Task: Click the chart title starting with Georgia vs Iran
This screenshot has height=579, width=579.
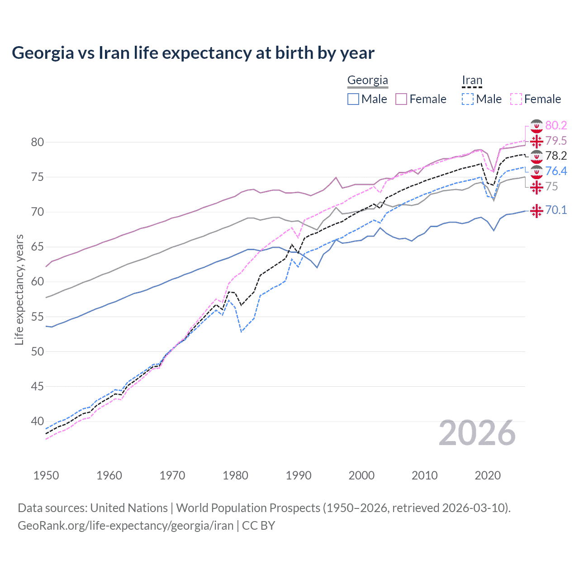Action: pos(193,53)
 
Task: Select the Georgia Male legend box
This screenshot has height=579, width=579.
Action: pos(353,99)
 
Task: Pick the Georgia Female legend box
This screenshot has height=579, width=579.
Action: pos(402,99)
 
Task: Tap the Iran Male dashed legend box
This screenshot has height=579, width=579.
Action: pos(468,99)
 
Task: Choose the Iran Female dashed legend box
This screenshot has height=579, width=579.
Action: pos(516,99)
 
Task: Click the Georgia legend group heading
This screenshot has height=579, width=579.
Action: pos(367,81)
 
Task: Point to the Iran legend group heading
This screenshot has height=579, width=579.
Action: pos(472,81)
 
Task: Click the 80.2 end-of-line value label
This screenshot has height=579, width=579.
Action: pos(556,125)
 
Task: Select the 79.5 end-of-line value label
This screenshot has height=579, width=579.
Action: pos(556,141)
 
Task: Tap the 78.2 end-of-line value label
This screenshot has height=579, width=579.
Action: pos(556,156)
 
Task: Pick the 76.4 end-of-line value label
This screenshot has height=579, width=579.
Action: pos(556,171)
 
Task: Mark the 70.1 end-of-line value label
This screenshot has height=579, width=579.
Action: pos(556,210)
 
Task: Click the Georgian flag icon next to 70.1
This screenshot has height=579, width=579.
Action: pos(536,211)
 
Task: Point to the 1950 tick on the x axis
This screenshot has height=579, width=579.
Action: pos(46,475)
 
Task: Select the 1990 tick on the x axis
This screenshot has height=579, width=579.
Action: pos(299,475)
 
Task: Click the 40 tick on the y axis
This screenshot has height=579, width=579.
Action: pos(37,421)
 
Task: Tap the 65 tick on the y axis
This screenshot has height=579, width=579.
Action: pos(37,247)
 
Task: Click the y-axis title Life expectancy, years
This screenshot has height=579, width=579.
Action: pos(19,289)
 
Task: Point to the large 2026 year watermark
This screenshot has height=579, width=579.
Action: pos(477,433)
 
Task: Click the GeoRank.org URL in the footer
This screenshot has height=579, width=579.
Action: pos(125,526)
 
